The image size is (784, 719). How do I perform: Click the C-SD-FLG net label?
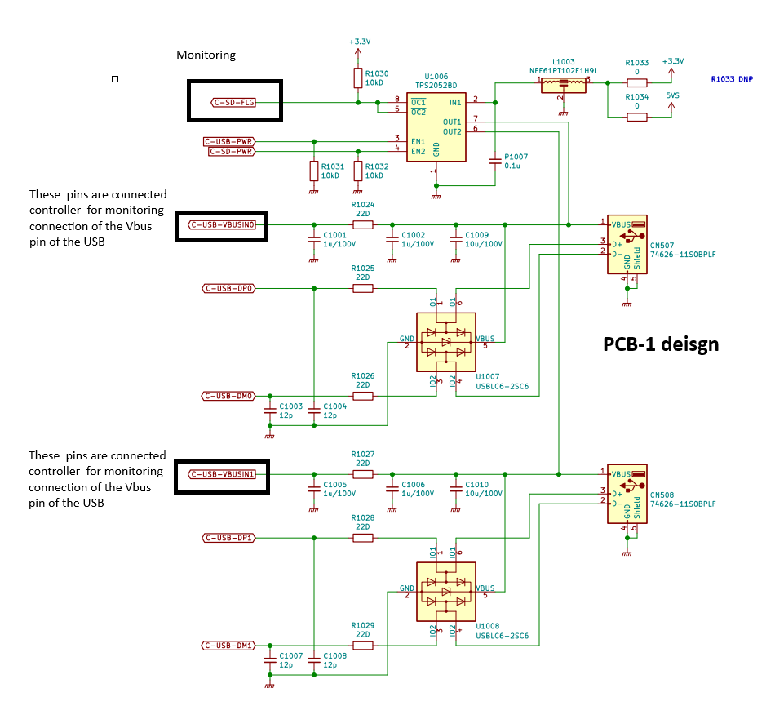tap(233, 103)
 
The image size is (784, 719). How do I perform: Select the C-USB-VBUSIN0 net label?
tap(223, 224)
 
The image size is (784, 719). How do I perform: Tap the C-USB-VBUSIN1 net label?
tap(223, 474)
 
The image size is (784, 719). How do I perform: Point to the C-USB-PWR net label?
tap(229, 142)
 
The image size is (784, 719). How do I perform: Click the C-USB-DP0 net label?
tap(228, 288)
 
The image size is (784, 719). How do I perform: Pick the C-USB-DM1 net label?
tap(228, 646)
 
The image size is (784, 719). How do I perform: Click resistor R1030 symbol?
tap(358, 78)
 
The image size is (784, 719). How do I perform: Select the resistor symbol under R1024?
tap(363, 224)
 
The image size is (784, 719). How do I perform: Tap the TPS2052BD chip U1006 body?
tap(436, 127)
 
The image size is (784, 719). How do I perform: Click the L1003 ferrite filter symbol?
tap(564, 86)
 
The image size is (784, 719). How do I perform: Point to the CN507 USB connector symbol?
tap(627, 245)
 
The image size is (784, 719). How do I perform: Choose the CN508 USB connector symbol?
tap(627, 494)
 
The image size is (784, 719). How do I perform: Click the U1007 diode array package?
tap(446, 342)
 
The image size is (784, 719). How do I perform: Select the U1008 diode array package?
tap(446, 592)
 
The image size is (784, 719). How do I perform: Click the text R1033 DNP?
tap(732, 79)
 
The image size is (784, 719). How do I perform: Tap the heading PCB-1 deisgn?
tap(661, 344)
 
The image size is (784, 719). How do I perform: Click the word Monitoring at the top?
tap(206, 55)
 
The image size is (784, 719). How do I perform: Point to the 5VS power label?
tap(672, 95)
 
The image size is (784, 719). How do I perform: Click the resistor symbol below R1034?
tap(637, 117)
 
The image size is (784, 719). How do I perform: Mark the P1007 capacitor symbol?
tap(495, 161)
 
